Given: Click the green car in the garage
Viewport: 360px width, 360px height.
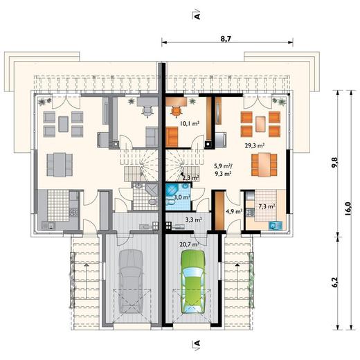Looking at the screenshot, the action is click(x=193, y=282).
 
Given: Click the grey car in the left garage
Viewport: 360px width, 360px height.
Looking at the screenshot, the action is click(x=131, y=282).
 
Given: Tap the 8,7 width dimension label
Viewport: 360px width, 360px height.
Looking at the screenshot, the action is click(x=226, y=39).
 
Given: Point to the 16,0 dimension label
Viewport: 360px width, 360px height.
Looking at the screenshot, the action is click(x=348, y=208).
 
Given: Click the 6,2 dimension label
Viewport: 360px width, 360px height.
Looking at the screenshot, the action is click(x=335, y=282).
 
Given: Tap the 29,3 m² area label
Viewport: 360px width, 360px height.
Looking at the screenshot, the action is click(x=255, y=145).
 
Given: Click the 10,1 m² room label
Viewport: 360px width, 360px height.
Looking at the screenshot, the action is click(x=190, y=123).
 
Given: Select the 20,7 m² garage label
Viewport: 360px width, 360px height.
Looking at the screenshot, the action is click(x=189, y=244).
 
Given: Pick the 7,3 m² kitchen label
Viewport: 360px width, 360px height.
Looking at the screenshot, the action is click(x=267, y=206).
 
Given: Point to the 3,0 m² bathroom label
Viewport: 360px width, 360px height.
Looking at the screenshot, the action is click(x=182, y=197).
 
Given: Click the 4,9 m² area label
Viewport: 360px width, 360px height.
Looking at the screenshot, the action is click(x=234, y=211).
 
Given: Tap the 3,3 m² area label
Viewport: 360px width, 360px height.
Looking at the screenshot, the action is click(x=194, y=219).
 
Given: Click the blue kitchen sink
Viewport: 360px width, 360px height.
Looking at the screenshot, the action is click(x=276, y=225).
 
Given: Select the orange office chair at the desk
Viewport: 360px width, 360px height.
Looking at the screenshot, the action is click(x=177, y=111).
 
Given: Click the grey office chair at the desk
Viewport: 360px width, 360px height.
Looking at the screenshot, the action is click(x=147, y=111).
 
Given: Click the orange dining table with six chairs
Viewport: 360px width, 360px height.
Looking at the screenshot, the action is click(x=264, y=165).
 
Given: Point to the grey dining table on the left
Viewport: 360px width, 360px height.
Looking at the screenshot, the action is click(x=60, y=165).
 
